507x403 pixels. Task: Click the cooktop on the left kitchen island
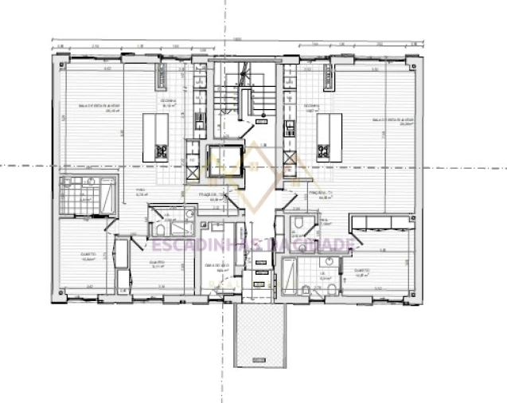pos(162,150)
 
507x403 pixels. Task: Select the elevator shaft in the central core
pos(223,161)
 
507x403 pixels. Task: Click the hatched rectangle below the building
pos(259,336)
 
